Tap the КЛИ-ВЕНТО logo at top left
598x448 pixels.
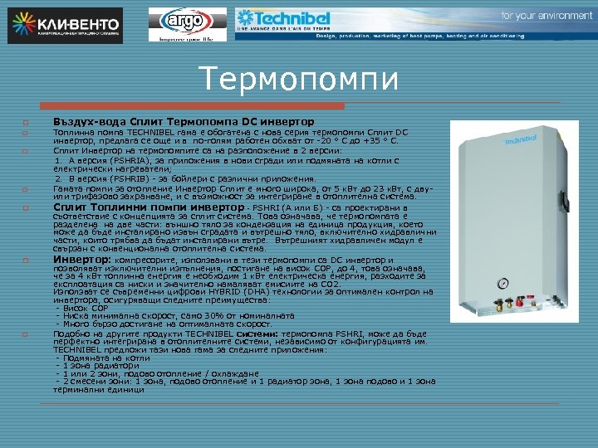coord(66,25)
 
